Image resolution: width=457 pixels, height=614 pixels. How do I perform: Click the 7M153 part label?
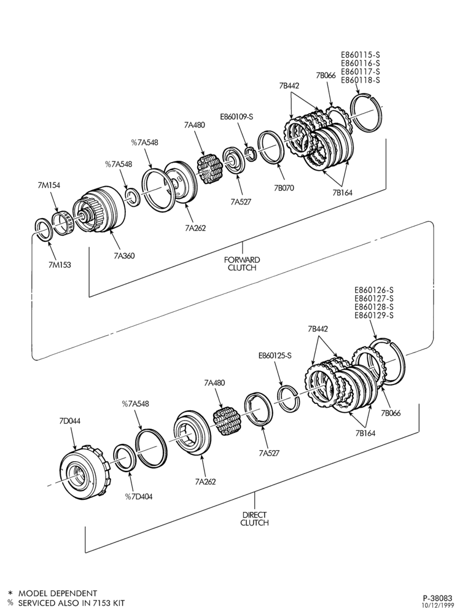(60, 265)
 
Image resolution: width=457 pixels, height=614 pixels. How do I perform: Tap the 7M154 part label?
(49, 185)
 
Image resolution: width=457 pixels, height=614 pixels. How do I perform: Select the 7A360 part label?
(124, 255)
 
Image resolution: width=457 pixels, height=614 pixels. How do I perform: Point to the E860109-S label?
(236, 116)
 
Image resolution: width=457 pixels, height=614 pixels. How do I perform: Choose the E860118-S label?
(361, 80)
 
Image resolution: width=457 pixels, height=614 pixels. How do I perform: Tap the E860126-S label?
(374, 290)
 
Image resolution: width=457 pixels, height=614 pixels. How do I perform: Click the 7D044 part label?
(69, 421)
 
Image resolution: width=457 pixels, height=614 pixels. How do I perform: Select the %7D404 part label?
(139, 497)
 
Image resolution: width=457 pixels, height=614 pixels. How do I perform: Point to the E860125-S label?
(275, 356)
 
